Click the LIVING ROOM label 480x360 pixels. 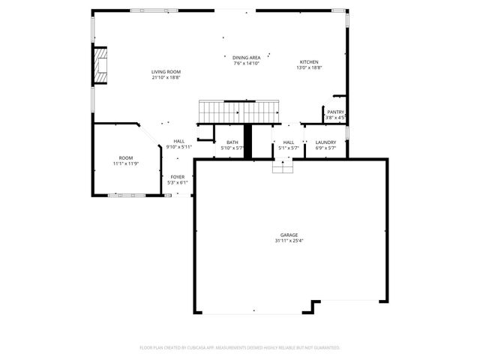tap(166, 72)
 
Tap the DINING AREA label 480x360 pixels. tap(246, 57)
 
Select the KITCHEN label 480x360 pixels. tap(310, 62)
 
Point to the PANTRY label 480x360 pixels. tap(335, 112)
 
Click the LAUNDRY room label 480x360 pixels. tap(325, 142)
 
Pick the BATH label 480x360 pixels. tap(232, 142)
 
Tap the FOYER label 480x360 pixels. tap(178, 177)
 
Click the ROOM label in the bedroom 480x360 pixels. tap(125, 158)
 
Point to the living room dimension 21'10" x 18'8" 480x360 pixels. tap(166, 77)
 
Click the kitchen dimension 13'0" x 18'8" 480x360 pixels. tap(310, 67)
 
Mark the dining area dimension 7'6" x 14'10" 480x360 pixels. tap(246, 62)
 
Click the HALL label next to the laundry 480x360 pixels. tap(289, 142)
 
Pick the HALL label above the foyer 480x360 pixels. tap(179, 141)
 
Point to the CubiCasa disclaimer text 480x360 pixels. tap(240, 348)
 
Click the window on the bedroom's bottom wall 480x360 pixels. tap(125, 196)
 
